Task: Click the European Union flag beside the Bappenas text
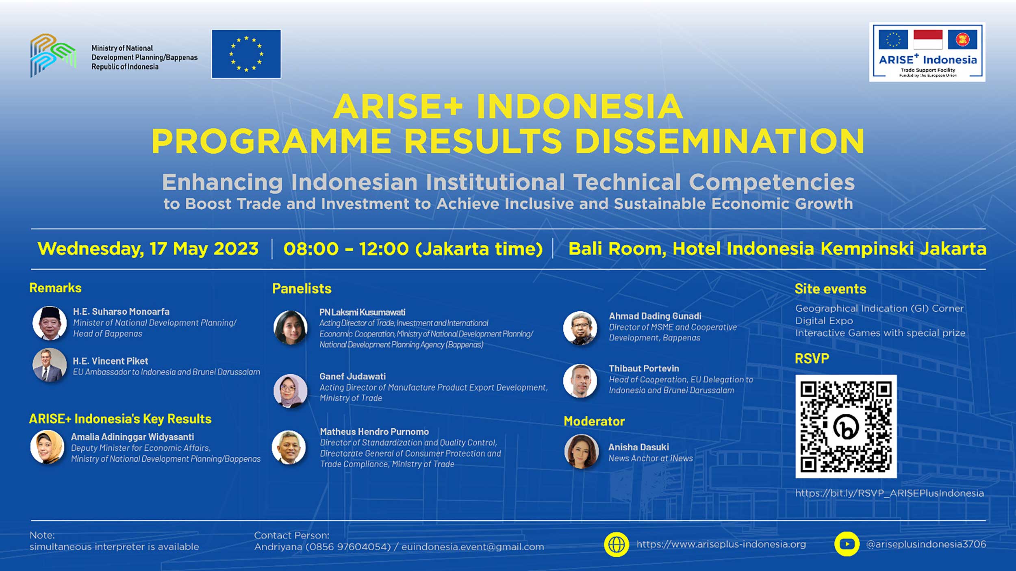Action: click(x=246, y=54)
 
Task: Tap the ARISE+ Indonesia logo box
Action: click(x=927, y=52)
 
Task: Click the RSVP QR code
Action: click(x=846, y=426)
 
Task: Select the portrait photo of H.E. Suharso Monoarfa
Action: click(x=50, y=323)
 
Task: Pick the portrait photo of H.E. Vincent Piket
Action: click(x=50, y=365)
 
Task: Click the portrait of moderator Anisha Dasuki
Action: click(x=581, y=452)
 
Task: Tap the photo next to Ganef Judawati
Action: click(x=291, y=391)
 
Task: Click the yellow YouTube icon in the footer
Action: click(x=847, y=544)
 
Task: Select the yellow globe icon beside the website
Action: click(x=617, y=544)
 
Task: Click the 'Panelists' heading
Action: click(x=302, y=289)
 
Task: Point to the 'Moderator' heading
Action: click(x=594, y=421)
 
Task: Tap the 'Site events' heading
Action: click(x=830, y=289)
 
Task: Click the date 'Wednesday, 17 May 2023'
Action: click(x=148, y=249)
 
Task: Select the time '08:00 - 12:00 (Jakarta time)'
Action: click(x=413, y=249)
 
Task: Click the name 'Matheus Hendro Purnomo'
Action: click(x=374, y=432)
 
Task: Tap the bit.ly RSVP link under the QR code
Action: click(x=890, y=493)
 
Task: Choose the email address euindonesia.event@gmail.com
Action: click(x=473, y=547)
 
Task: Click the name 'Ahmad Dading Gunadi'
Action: click(x=655, y=316)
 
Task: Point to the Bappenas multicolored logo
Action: click(x=53, y=55)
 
